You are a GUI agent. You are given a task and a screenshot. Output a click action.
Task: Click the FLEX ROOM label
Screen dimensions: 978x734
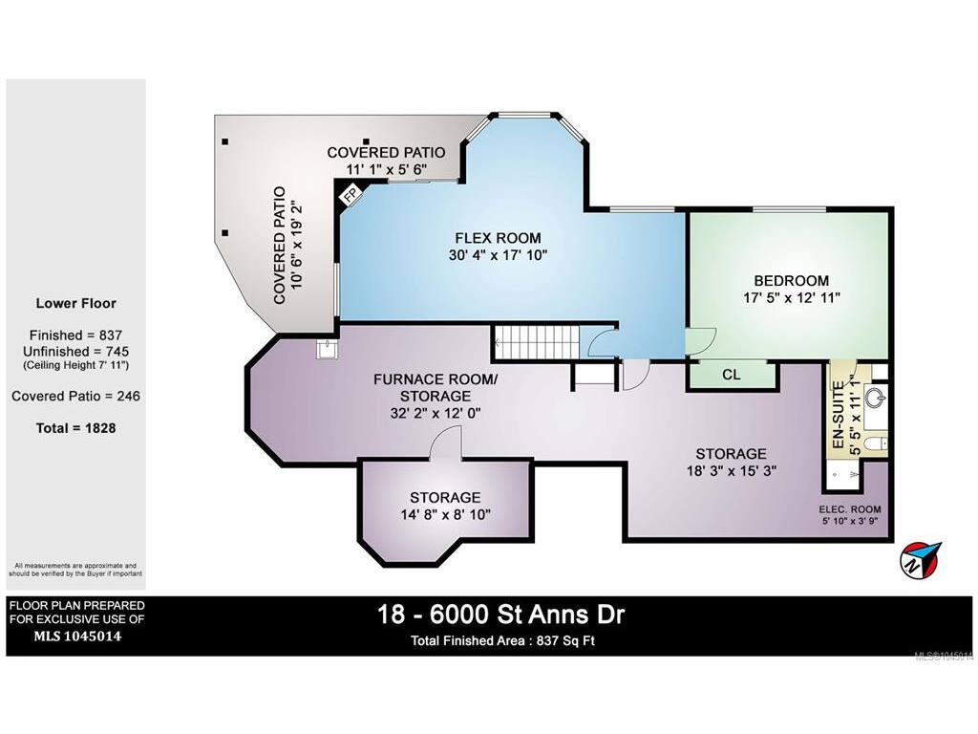coord(498,238)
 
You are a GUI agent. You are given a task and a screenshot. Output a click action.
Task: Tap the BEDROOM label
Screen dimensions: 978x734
coord(791,280)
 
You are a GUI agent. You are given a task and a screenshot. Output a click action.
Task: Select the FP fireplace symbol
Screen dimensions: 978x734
coord(350,193)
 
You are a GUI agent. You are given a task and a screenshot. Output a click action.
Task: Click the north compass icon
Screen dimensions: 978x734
coord(920,558)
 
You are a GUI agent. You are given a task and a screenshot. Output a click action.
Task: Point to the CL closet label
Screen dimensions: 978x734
coord(731,375)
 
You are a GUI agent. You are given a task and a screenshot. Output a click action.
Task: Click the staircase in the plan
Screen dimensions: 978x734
coord(537,343)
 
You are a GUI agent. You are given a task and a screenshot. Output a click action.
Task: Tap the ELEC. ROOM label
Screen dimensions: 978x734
coord(849,509)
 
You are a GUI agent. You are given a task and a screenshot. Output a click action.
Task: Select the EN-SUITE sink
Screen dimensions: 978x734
coord(876,397)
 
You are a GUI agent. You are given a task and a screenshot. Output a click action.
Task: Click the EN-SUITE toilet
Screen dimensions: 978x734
coord(878,443)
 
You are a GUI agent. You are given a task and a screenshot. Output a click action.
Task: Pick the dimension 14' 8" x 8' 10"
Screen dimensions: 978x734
coord(445,514)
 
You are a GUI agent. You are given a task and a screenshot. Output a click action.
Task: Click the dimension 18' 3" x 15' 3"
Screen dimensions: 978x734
coord(731,470)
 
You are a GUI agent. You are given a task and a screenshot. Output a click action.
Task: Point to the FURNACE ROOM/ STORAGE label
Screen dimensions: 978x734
coord(436,388)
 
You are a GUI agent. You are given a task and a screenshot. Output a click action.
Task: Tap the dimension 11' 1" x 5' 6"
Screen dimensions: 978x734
coord(386,169)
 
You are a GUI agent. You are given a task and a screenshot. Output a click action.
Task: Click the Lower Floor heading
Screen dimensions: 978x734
coord(76,303)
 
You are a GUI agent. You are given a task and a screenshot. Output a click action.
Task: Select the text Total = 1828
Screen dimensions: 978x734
coord(76,428)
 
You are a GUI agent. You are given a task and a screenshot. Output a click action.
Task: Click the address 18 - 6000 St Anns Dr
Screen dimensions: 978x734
coord(500,615)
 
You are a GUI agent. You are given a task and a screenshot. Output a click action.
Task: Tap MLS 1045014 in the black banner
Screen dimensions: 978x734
coord(76,637)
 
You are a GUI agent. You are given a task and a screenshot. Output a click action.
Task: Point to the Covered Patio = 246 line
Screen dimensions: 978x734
coord(76,396)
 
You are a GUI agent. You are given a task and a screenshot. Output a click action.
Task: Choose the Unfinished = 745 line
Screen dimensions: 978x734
coord(76,352)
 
